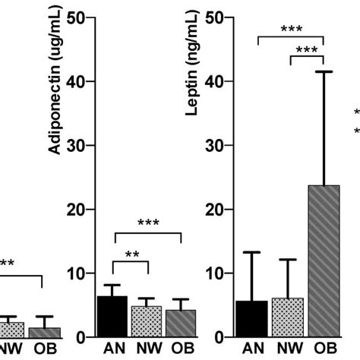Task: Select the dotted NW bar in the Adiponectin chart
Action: pyautogui.click(x=147, y=322)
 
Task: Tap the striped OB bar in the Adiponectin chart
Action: pyautogui.click(x=182, y=324)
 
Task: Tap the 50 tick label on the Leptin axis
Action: pyautogui.click(x=225, y=17)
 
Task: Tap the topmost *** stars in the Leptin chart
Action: pyautogui.click(x=292, y=30)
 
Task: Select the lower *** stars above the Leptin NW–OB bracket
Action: pyautogui.click(x=308, y=51)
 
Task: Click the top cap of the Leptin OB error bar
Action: pyautogui.click(x=324, y=71)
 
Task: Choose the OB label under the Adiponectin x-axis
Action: pyautogui.click(x=182, y=349)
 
